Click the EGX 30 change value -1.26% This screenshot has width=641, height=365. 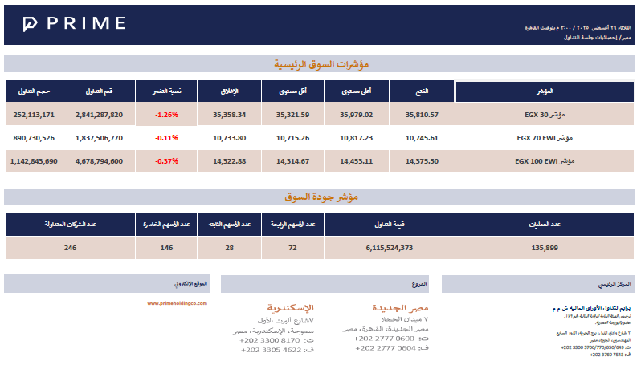[166, 115]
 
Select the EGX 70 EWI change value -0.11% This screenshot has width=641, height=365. [166, 138]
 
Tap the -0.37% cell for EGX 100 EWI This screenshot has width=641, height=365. [166, 161]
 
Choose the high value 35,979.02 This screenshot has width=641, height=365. [357, 115]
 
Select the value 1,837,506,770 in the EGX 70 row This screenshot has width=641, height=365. [99, 138]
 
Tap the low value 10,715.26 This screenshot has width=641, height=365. [292, 138]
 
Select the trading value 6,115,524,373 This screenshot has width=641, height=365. [389, 248]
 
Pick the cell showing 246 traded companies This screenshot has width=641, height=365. [70, 248]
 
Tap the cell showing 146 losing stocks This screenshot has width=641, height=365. [166, 248]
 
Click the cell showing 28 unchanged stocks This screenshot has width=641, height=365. [229, 248]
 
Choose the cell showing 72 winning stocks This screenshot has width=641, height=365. [292, 248]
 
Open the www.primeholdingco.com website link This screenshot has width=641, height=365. [178, 303]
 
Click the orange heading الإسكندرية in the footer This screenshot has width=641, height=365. [290, 308]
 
